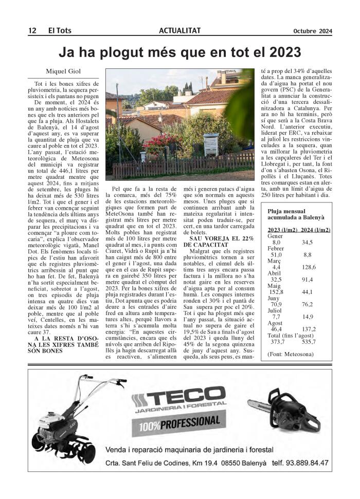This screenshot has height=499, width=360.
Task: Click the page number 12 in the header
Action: [31, 31]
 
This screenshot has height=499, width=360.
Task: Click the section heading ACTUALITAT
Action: [179, 31]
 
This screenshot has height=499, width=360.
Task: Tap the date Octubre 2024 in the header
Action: [313, 31]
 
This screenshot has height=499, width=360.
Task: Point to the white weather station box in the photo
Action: [211, 144]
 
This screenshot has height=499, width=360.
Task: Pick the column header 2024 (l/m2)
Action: [315, 230]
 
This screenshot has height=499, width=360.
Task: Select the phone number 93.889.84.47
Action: [300, 463]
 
